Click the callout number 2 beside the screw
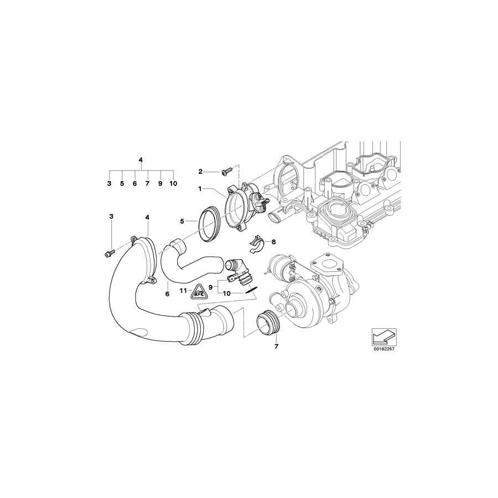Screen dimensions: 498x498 point(200,172)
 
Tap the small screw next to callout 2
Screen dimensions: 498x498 point(226,172)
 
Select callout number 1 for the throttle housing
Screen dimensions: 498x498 point(200,189)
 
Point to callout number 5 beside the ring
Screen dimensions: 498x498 point(182,221)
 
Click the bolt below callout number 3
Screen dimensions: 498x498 point(108,253)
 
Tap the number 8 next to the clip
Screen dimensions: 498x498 point(274,242)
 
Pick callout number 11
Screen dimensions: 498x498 point(182,290)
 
